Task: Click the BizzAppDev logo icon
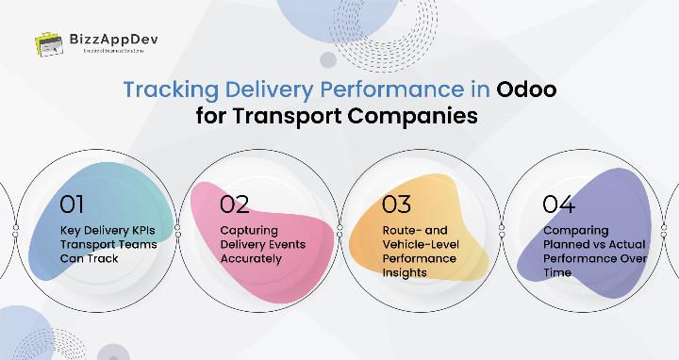point(49,43)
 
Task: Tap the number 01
point(73,204)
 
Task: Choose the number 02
point(235,204)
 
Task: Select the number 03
point(397,204)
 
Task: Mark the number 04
point(559,204)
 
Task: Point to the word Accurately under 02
point(251,258)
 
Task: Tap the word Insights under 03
point(405,272)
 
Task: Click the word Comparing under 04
point(575,230)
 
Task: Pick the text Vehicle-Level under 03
point(420,244)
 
